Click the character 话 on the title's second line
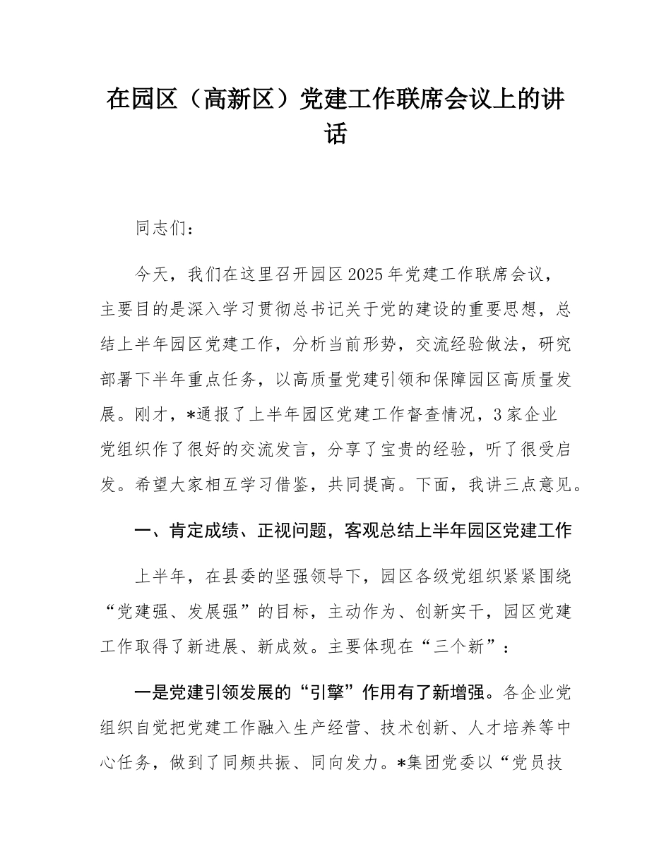335,134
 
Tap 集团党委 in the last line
445,763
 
